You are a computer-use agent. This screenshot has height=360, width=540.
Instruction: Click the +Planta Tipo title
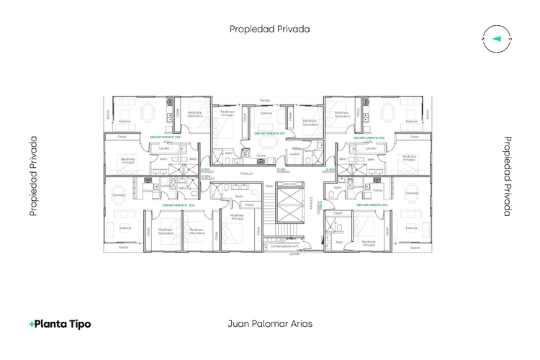tap(60, 324)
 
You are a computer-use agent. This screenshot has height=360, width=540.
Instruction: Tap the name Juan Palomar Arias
tap(270, 324)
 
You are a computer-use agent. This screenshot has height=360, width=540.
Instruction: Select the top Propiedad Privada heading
tap(270, 30)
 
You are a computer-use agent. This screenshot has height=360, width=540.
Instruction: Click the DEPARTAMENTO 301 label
tap(270, 133)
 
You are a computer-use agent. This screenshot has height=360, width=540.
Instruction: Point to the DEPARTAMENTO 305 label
tap(165, 137)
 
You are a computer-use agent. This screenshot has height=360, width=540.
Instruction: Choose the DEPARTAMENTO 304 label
tap(177, 205)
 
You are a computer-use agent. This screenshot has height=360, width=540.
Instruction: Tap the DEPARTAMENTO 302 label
tap(369, 138)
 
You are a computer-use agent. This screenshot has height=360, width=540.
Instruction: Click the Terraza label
tap(265, 100)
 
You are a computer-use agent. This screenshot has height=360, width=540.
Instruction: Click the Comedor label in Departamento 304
tap(120, 194)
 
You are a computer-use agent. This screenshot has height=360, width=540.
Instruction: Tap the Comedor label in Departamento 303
tap(412, 193)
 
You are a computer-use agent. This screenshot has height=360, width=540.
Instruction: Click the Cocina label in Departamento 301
tap(261, 156)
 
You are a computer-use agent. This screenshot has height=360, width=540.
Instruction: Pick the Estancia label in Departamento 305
tap(124, 122)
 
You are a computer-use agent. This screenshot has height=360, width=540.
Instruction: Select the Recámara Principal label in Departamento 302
tap(408, 158)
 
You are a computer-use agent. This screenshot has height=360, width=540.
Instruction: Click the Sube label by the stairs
tap(269, 186)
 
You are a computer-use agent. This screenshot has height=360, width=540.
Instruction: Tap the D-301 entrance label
tap(283, 171)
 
